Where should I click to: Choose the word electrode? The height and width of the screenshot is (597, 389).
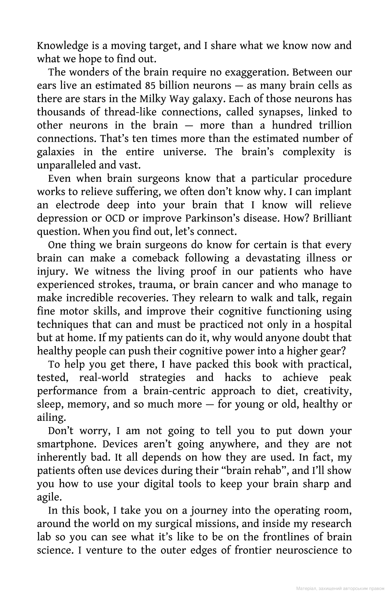tap(77, 205)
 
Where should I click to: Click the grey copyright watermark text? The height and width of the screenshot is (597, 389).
tap(340, 589)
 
